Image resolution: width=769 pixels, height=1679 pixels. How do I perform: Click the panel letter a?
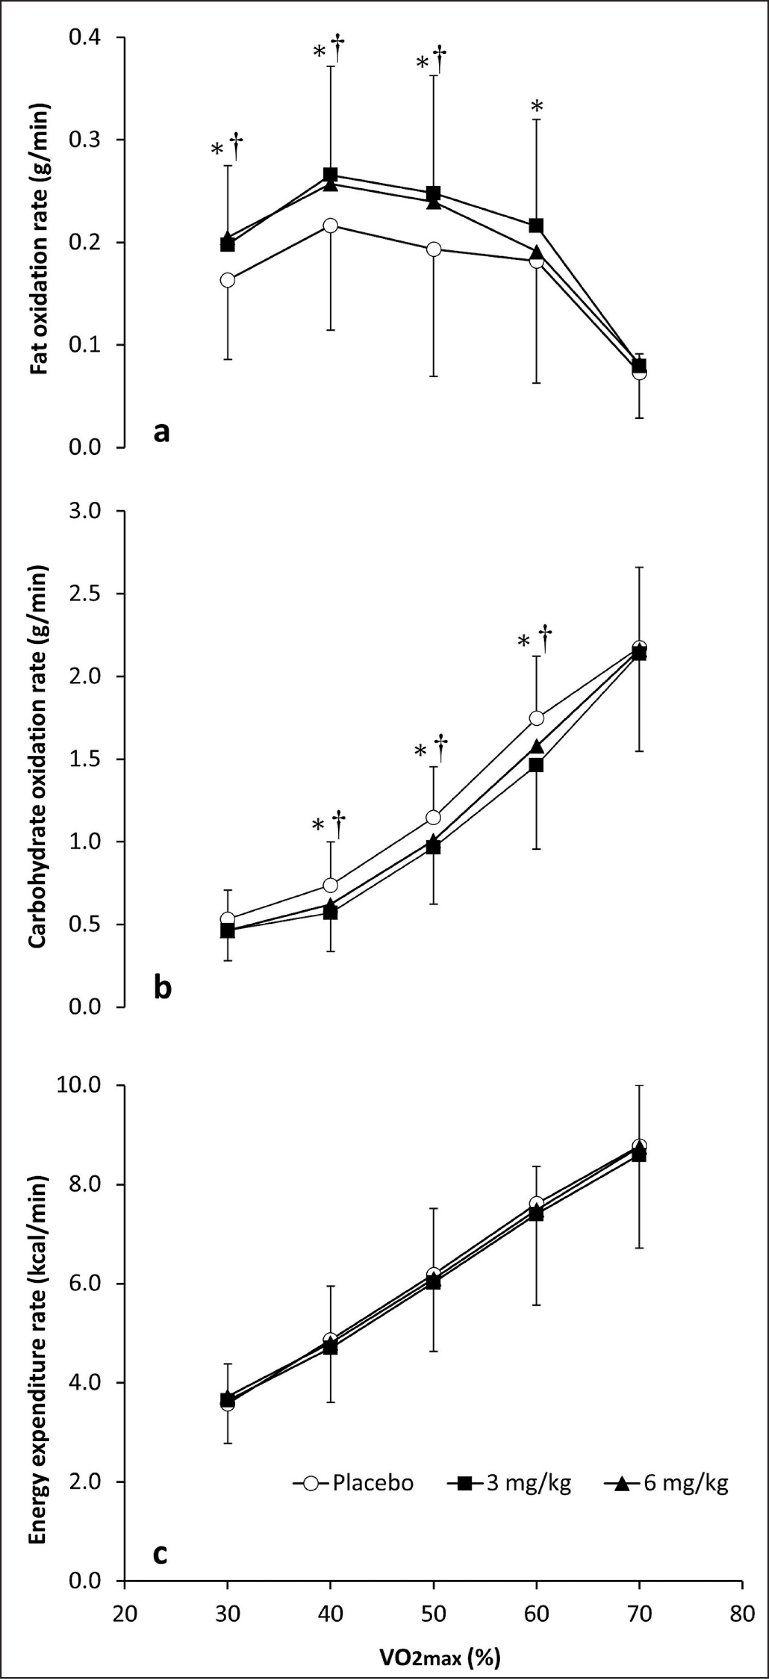(162, 431)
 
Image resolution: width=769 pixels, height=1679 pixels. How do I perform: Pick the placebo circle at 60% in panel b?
(537, 718)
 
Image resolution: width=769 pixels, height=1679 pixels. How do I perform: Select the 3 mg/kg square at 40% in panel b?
(331, 913)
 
